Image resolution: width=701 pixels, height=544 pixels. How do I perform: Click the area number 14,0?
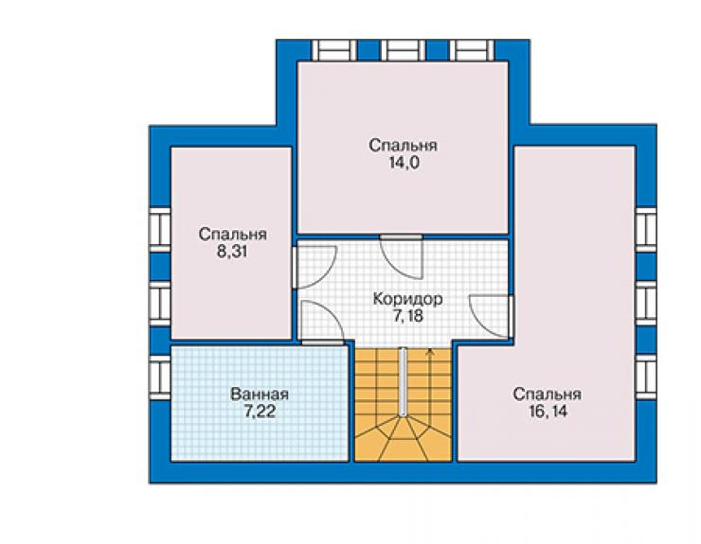(404, 163)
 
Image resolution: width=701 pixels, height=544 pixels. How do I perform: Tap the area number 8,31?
(232, 252)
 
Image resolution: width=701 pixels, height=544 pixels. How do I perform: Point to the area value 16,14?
(548, 412)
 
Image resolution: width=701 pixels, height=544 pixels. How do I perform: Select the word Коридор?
(407, 299)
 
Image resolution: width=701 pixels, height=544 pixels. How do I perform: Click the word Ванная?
(260, 395)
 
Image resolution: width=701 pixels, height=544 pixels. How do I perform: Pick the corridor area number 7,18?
(407, 316)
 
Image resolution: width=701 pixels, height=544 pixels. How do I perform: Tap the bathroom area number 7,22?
(260, 412)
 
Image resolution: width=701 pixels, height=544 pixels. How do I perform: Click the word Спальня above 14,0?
(404, 146)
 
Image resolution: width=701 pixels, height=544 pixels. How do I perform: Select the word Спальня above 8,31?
(232, 235)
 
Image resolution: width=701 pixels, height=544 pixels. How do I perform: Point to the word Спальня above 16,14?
(548, 395)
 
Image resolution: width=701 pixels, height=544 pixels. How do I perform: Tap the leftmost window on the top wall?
(334, 50)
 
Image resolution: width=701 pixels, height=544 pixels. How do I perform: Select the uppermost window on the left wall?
(159, 230)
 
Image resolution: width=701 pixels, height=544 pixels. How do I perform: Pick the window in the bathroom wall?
(159, 377)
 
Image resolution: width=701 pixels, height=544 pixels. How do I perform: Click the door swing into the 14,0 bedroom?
(402, 259)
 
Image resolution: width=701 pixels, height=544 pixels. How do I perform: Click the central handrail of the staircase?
(404, 382)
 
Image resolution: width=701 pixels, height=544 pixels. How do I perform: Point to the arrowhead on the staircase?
(430, 352)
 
